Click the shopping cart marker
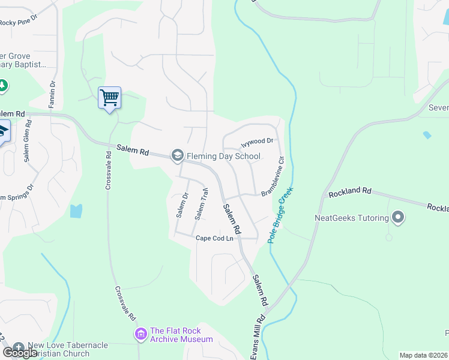tap(109, 97)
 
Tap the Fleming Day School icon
tap(177, 156)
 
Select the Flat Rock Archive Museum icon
tap(141, 334)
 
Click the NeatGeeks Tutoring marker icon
tap(397, 217)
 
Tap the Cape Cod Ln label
tap(214, 238)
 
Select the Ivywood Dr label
tap(257, 142)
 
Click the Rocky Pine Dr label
tap(18, 23)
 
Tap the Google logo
tap(20, 353)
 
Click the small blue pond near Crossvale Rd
tap(75, 211)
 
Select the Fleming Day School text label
tap(223, 157)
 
